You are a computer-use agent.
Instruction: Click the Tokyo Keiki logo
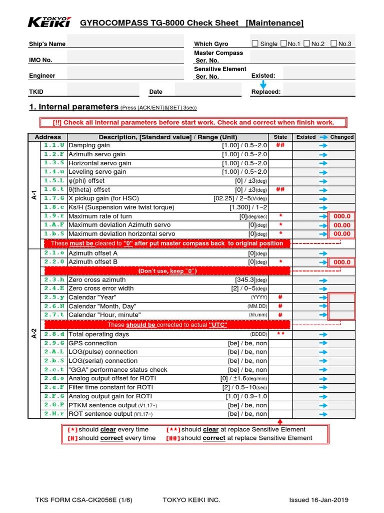click(x=49, y=22)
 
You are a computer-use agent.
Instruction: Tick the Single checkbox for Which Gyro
click(x=255, y=44)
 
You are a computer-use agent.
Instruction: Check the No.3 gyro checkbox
click(x=334, y=44)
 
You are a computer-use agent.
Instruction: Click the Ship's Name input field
click(x=125, y=44)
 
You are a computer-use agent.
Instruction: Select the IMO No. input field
click(x=125, y=60)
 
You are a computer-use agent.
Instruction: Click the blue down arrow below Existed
click(x=263, y=85)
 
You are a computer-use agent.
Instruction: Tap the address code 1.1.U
click(x=54, y=145)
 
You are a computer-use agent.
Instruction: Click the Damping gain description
click(x=89, y=145)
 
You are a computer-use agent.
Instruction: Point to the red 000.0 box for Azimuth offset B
click(x=342, y=262)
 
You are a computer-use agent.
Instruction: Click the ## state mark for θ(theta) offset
click(x=280, y=190)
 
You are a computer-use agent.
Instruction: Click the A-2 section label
click(x=33, y=334)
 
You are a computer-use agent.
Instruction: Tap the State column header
click(x=280, y=137)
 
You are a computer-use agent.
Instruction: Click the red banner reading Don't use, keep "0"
click(x=167, y=271)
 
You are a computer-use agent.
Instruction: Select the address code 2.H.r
click(x=54, y=414)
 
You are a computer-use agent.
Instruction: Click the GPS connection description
click(x=92, y=343)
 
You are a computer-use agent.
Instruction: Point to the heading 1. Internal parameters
click(x=74, y=107)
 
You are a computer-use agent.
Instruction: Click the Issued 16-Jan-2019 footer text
click(x=319, y=500)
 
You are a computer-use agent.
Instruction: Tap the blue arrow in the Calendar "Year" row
click(x=323, y=297)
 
